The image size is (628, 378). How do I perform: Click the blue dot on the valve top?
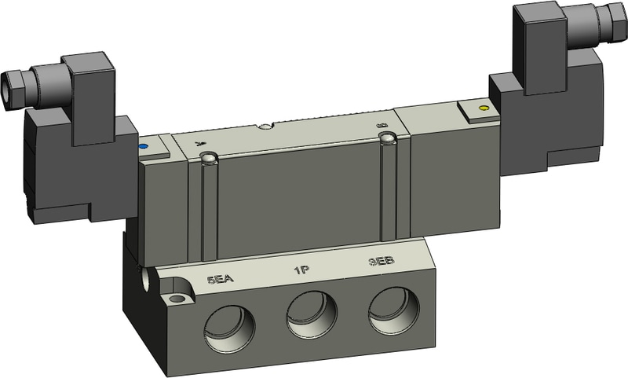[143, 145]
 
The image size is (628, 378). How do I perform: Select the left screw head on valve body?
[208, 160]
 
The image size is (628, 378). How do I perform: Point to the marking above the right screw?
[382, 125]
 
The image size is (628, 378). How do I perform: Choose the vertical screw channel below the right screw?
[386, 193]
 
